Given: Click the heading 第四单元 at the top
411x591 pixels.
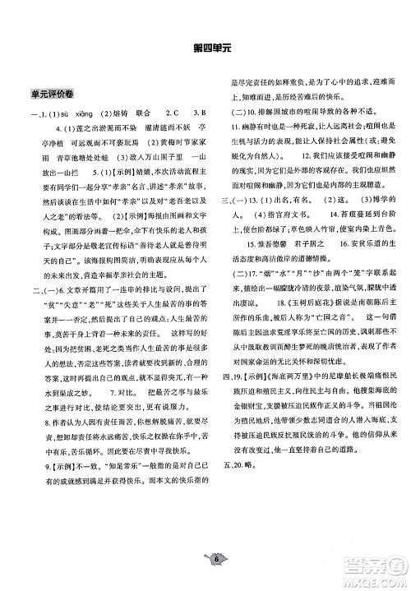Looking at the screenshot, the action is pos(205,48).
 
